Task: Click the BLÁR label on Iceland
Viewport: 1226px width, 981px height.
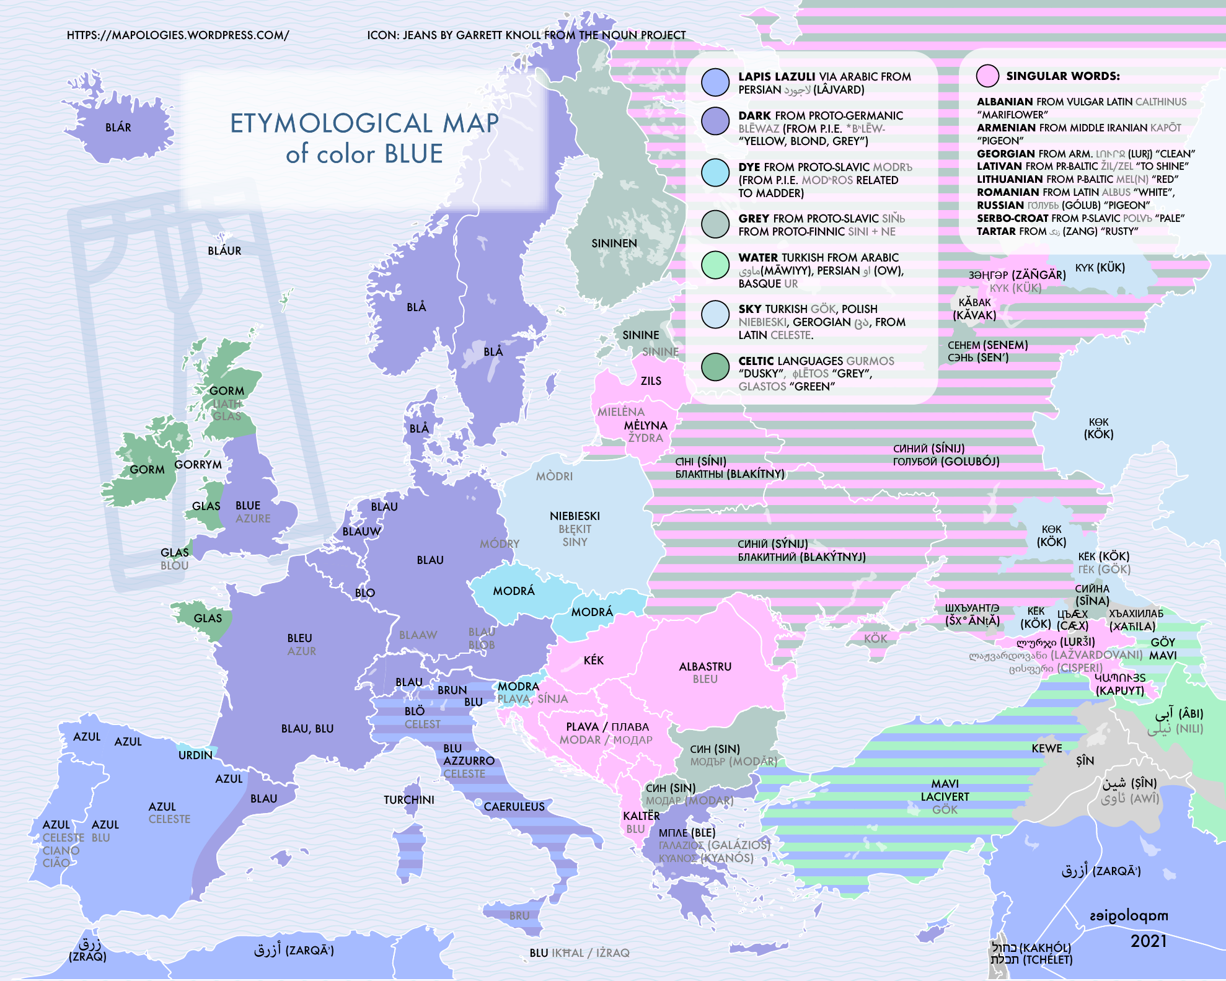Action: [118, 128]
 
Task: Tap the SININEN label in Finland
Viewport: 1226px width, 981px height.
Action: [614, 244]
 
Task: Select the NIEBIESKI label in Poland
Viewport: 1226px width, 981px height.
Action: [575, 516]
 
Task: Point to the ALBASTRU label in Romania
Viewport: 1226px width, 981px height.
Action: [705, 667]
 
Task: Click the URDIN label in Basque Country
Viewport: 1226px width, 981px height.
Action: [195, 755]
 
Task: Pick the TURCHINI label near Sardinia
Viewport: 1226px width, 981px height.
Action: [408, 800]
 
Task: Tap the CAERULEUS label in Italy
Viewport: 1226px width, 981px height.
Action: [514, 807]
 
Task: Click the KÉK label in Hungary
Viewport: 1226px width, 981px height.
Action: [593, 661]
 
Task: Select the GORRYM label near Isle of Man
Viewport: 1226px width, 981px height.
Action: [198, 465]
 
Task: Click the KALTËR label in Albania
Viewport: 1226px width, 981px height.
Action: [641, 816]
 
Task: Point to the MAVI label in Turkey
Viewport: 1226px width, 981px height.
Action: [945, 784]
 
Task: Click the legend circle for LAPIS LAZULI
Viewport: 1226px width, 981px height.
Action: [715, 82]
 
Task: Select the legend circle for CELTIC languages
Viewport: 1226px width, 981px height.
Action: [715, 367]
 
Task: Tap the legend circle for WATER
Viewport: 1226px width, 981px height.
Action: [715, 264]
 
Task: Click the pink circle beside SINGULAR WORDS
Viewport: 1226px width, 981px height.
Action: [987, 76]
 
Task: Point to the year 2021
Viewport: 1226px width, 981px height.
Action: [1149, 941]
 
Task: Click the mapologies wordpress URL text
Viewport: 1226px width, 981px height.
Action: [178, 35]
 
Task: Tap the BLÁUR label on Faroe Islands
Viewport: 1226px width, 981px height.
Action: [224, 251]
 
